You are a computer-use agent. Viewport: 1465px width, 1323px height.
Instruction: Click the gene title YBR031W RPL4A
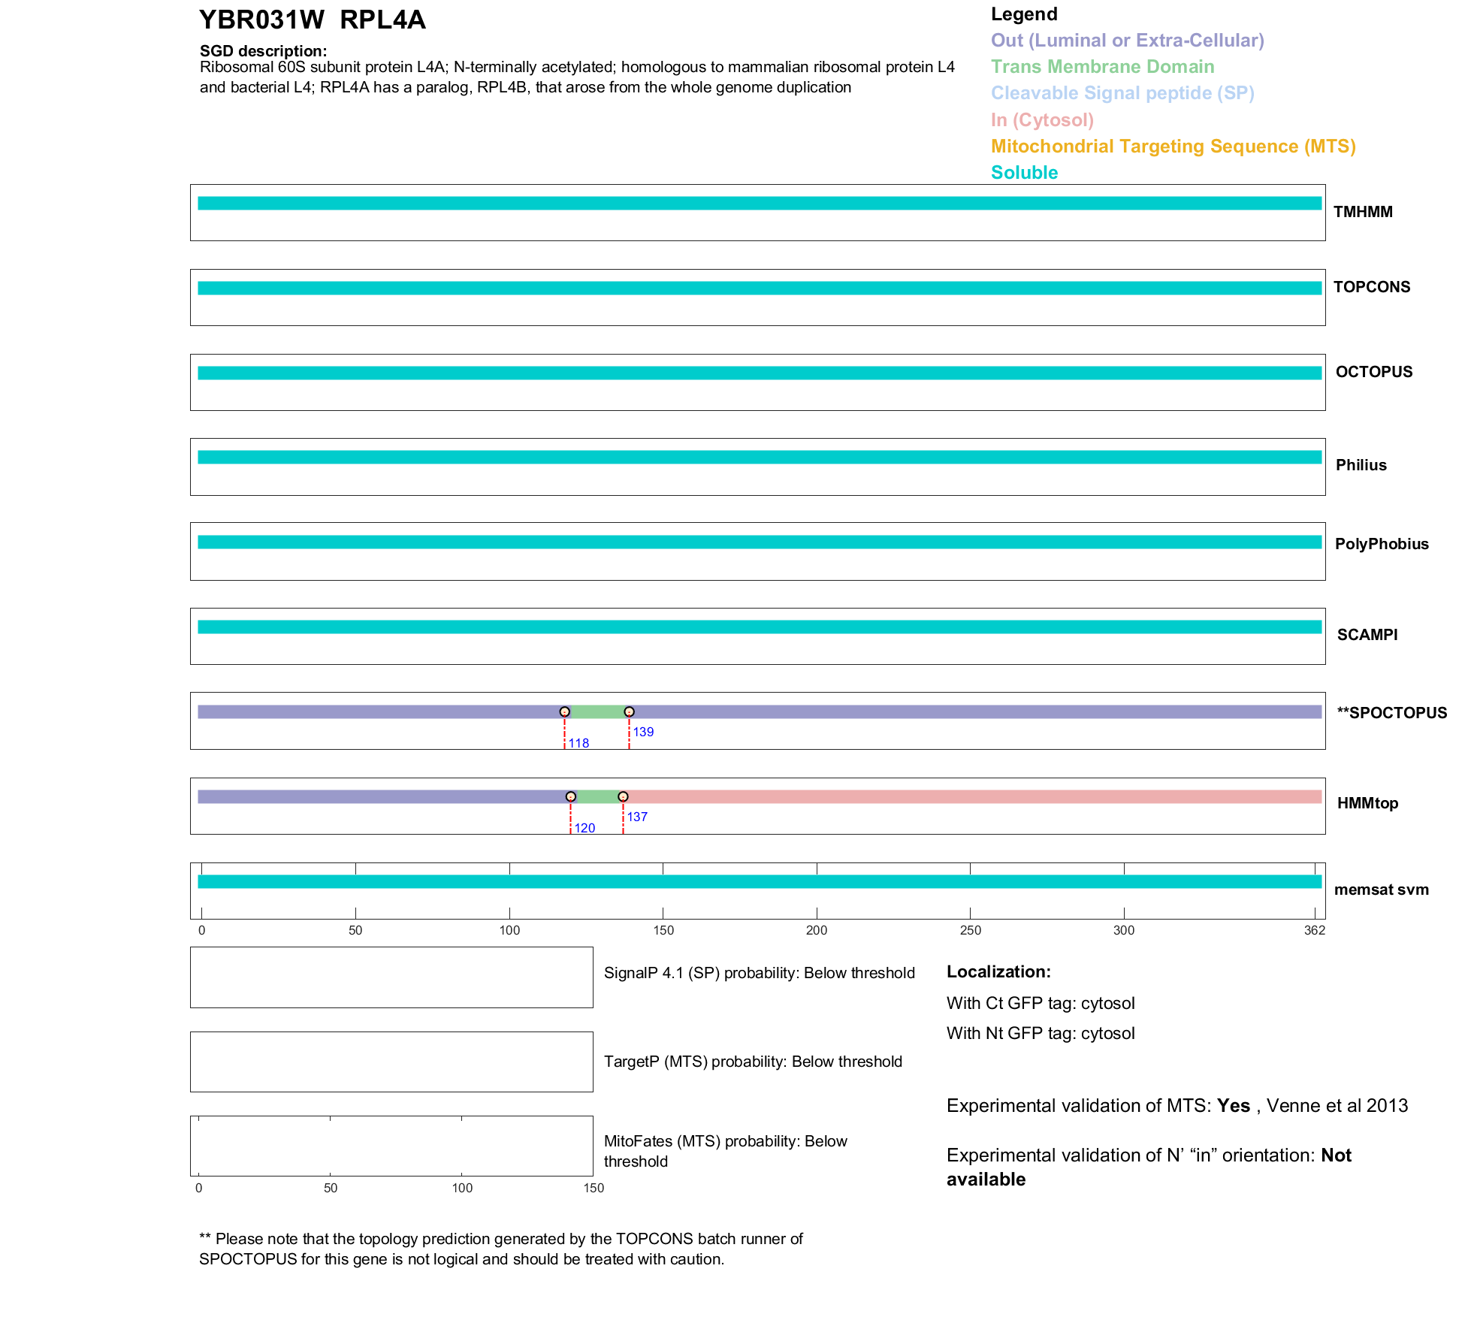click(x=312, y=20)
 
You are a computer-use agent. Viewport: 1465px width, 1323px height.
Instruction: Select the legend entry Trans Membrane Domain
click(x=1102, y=67)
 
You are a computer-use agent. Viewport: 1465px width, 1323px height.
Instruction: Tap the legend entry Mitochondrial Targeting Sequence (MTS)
click(x=1173, y=146)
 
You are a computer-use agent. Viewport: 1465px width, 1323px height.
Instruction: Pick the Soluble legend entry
click(x=1024, y=173)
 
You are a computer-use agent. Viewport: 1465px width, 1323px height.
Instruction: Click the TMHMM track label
click(x=1362, y=212)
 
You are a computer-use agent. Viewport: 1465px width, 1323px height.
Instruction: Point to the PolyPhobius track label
click(x=1381, y=544)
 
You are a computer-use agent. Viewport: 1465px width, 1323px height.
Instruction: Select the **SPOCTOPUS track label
click(x=1391, y=713)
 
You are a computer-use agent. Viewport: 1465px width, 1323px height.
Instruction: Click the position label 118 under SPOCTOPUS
click(x=578, y=743)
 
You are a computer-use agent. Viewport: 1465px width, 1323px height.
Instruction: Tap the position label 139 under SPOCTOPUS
click(x=643, y=732)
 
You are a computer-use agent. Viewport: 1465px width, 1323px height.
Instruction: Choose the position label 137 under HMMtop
click(x=637, y=817)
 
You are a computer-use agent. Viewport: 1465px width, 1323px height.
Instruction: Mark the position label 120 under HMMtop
click(x=584, y=828)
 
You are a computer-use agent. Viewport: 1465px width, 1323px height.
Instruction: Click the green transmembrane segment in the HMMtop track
click(x=597, y=797)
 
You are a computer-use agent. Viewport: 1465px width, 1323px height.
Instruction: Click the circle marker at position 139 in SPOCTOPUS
click(x=630, y=711)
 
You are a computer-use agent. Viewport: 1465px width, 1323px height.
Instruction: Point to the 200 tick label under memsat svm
click(x=817, y=930)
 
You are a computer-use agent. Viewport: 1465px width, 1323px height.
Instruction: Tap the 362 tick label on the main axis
click(x=1315, y=930)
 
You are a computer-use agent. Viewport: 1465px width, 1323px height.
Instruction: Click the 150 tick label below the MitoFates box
click(x=594, y=1188)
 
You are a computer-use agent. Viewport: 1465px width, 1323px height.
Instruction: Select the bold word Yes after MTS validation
click(x=1234, y=1106)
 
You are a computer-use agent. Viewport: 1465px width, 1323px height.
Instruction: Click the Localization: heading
click(x=998, y=971)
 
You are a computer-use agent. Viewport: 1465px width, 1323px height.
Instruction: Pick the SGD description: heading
click(x=263, y=51)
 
